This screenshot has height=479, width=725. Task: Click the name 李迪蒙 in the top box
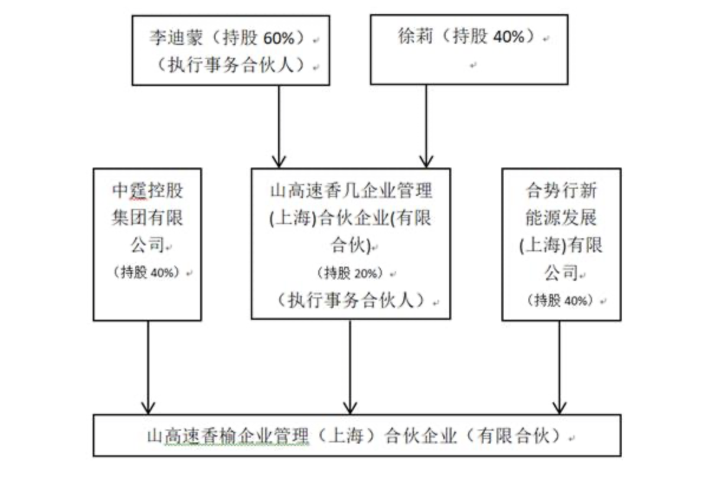tap(176, 38)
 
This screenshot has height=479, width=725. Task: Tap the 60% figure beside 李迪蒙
tap(279, 38)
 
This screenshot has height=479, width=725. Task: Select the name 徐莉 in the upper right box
tap(415, 36)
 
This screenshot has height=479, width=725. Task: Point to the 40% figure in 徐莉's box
tap(508, 37)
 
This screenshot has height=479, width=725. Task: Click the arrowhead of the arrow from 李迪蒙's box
tap(279, 162)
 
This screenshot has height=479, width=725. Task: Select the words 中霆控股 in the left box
tap(148, 191)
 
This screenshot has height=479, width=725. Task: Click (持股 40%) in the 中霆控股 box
tap(147, 273)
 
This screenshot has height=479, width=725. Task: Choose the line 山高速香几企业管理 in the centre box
tap(351, 191)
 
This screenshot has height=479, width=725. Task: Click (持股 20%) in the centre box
tap(351, 273)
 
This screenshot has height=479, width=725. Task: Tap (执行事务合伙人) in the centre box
tap(351, 300)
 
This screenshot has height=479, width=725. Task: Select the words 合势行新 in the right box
tap(561, 191)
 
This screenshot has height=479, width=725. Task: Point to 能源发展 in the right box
tap(561, 217)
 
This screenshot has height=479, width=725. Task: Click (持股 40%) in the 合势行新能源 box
tap(561, 300)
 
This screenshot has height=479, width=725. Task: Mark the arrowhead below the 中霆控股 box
tap(148, 408)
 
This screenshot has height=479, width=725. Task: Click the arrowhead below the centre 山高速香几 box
tap(350, 408)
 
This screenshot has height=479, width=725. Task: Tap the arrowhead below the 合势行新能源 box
tap(559, 408)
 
